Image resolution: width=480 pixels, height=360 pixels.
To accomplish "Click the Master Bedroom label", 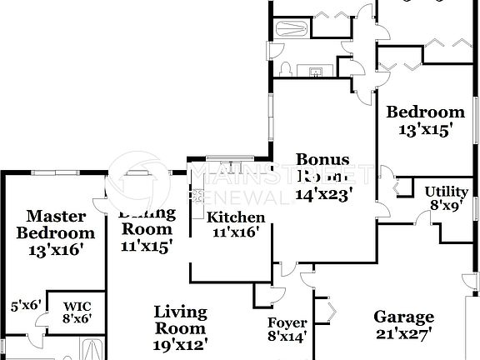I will pyautogui.click(x=56, y=224).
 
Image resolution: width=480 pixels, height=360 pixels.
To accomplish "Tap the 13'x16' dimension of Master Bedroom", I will pyautogui.click(x=56, y=248).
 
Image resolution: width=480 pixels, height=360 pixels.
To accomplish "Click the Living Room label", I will pyautogui.click(x=180, y=319).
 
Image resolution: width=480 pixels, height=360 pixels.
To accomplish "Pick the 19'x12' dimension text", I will pyautogui.click(x=180, y=342).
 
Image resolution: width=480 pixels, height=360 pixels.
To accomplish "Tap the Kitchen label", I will pyautogui.click(x=236, y=217).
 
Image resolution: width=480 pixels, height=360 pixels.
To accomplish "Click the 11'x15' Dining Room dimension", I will pyautogui.click(x=147, y=246).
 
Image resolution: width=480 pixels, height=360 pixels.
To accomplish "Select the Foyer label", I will pyautogui.click(x=287, y=322).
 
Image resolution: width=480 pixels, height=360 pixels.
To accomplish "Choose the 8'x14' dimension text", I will pyautogui.click(x=287, y=337).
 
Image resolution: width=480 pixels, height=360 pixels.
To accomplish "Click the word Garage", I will pyautogui.click(x=403, y=317).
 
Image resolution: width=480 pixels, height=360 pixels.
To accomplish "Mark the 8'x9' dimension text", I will pyautogui.click(x=446, y=203).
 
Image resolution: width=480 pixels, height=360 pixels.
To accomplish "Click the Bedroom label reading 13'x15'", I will pyautogui.click(x=425, y=112).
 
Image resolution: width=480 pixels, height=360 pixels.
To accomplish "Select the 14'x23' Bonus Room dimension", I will pyautogui.click(x=323, y=194).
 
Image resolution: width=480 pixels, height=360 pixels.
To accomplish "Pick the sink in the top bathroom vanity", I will pyautogui.click(x=317, y=68).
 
